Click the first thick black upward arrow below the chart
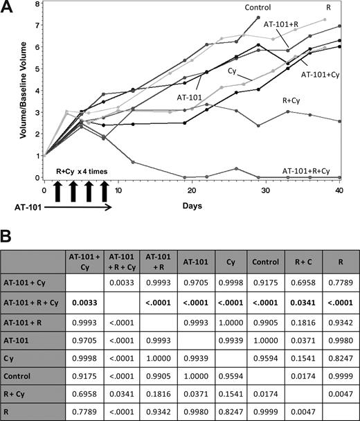tap(57, 192)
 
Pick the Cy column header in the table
tap(219, 260)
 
